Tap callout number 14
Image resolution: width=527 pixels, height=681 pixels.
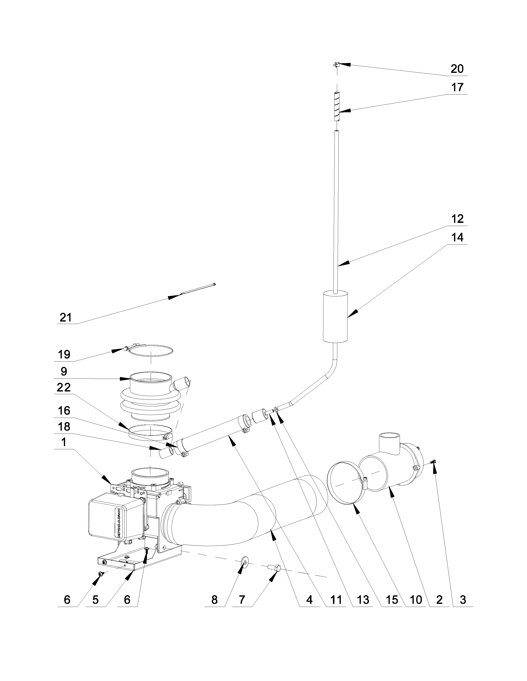457,238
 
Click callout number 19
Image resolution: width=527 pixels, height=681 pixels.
64,355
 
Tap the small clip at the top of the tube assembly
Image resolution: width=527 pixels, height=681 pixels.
336,65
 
